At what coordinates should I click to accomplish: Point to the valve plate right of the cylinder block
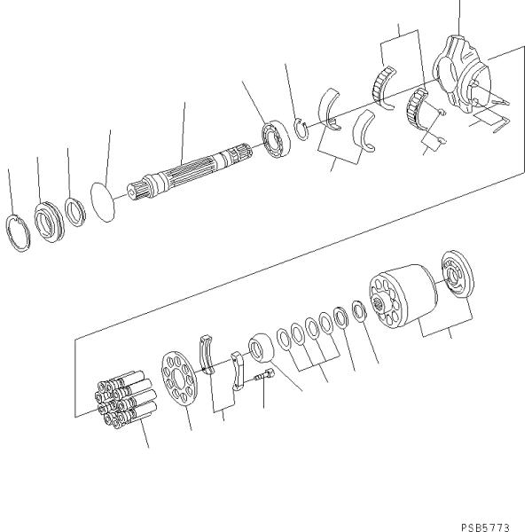[x=458, y=278]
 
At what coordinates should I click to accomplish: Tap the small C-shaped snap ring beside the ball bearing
[x=301, y=129]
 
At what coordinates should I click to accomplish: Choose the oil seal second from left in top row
[x=48, y=222]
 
